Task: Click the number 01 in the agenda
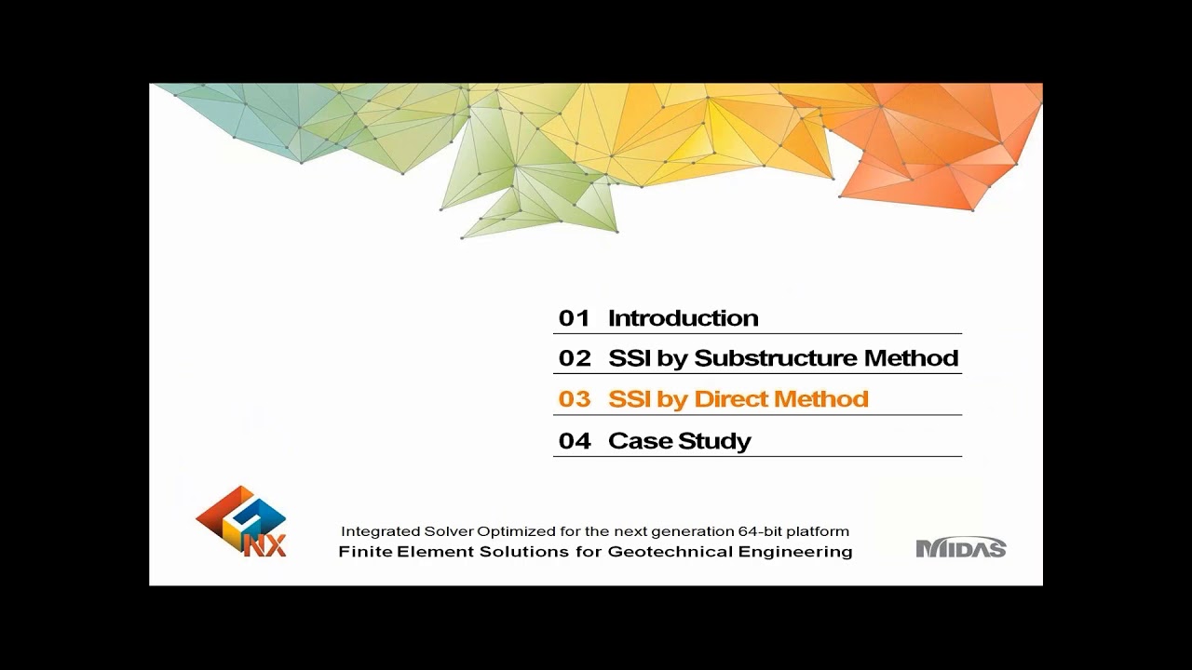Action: coord(575,318)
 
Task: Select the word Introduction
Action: coord(683,318)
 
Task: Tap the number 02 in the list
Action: coord(575,358)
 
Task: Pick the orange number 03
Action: coord(575,399)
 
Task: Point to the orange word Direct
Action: coord(730,399)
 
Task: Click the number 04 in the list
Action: coord(575,441)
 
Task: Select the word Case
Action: coord(639,441)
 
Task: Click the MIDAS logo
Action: coord(961,548)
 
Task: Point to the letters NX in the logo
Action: coord(265,544)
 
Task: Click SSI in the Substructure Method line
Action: coord(630,358)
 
